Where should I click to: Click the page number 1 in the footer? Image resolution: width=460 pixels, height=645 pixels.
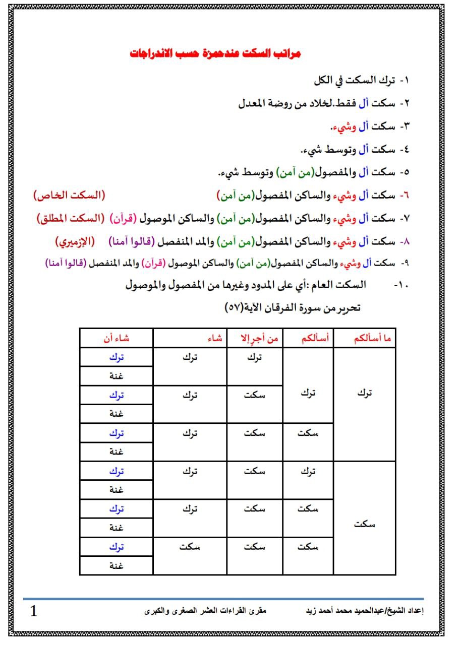pyautogui.click(x=34, y=612)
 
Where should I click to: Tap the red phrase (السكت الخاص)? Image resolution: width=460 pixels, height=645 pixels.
pyautogui.click(x=70, y=195)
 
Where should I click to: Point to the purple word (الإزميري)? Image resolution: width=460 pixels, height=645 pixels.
pyautogui.click(x=75, y=241)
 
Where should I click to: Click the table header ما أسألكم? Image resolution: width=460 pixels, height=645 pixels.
pyautogui.click(x=365, y=339)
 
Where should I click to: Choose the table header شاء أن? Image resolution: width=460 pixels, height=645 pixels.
pyautogui.click(x=117, y=339)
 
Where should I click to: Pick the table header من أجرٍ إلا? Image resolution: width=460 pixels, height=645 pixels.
pyautogui.click(x=255, y=339)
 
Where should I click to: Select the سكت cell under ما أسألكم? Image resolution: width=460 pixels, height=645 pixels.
pyautogui.click(x=365, y=524)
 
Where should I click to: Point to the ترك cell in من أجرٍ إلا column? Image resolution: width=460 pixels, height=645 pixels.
pyautogui.click(x=255, y=357)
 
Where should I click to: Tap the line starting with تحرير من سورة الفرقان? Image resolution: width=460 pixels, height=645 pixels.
pyautogui.click(x=293, y=307)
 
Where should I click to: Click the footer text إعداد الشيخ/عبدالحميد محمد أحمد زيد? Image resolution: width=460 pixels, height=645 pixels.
pyautogui.click(x=365, y=611)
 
